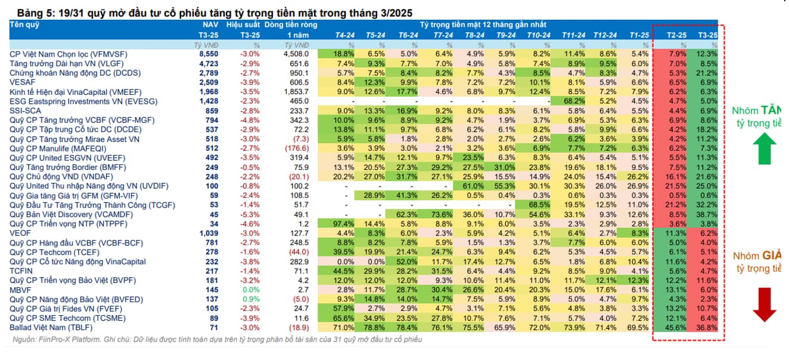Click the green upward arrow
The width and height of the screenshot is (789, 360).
(765, 148)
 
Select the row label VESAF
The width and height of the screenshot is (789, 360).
(22, 82)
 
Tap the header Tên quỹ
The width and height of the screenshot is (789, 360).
(24, 24)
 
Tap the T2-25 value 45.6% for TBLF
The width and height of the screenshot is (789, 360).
(676, 328)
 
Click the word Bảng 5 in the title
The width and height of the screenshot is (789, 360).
(33, 13)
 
